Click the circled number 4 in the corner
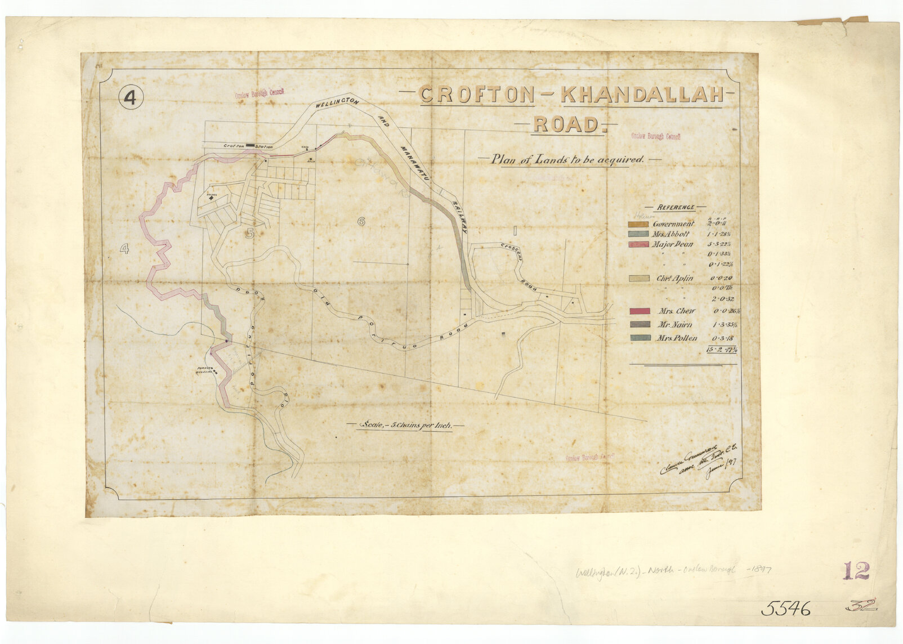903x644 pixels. pyautogui.click(x=131, y=99)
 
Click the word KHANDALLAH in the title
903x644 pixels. pyautogui.click(x=641, y=95)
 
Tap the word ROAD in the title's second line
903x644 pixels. pyautogui.click(x=566, y=124)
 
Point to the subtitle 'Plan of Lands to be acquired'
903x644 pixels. pyautogui.click(x=567, y=160)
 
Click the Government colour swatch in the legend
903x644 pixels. pyautogui.click(x=638, y=225)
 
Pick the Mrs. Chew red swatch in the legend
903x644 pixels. pyautogui.click(x=638, y=311)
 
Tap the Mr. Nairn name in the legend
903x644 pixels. pyautogui.click(x=675, y=325)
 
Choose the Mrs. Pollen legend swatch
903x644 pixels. pyautogui.click(x=638, y=338)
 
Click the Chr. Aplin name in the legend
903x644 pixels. pyautogui.click(x=674, y=279)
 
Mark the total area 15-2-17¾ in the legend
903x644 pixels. pyautogui.click(x=721, y=350)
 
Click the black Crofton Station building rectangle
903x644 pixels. pyautogui.click(x=250, y=146)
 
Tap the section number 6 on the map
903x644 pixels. pyautogui.click(x=361, y=221)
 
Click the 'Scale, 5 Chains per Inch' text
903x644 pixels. pyautogui.click(x=405, y=426)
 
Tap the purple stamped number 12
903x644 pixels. pyautogui.click(x=856, y=571)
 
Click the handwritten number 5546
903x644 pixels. pyautogui.click(x=786, y=609)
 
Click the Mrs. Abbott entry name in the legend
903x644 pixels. pyautogui.click(x=671, y=234)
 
